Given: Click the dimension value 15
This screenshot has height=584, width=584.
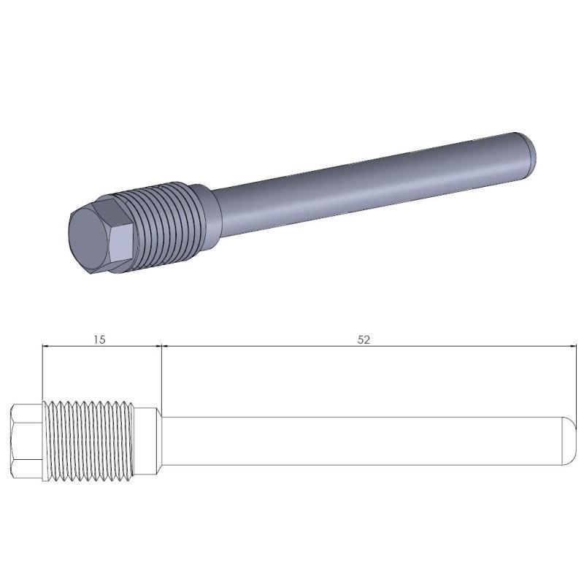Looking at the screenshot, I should (101, 339).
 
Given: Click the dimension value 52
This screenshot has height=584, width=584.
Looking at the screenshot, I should (364, 339).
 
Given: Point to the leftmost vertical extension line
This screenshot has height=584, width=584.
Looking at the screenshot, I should (43, 372).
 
